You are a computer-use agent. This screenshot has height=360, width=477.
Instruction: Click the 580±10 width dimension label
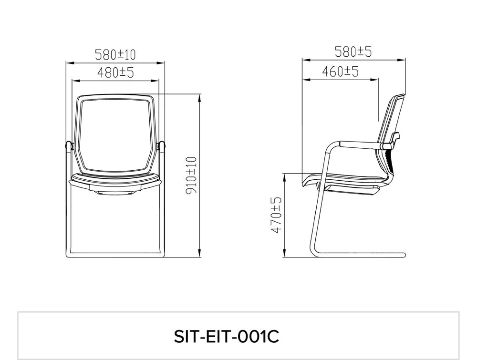(115, 54)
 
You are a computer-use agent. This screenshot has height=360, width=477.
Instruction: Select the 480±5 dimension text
(115, 72)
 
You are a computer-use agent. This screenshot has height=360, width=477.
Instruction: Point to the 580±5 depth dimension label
(353, 51)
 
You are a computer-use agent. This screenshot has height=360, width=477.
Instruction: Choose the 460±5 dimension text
(340, 72)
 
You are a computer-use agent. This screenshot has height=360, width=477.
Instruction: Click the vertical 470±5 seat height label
(275, 215)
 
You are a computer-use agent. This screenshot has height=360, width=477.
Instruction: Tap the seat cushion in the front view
(115, 181)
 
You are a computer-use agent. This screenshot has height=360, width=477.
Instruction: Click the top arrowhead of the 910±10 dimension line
(198, 96)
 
